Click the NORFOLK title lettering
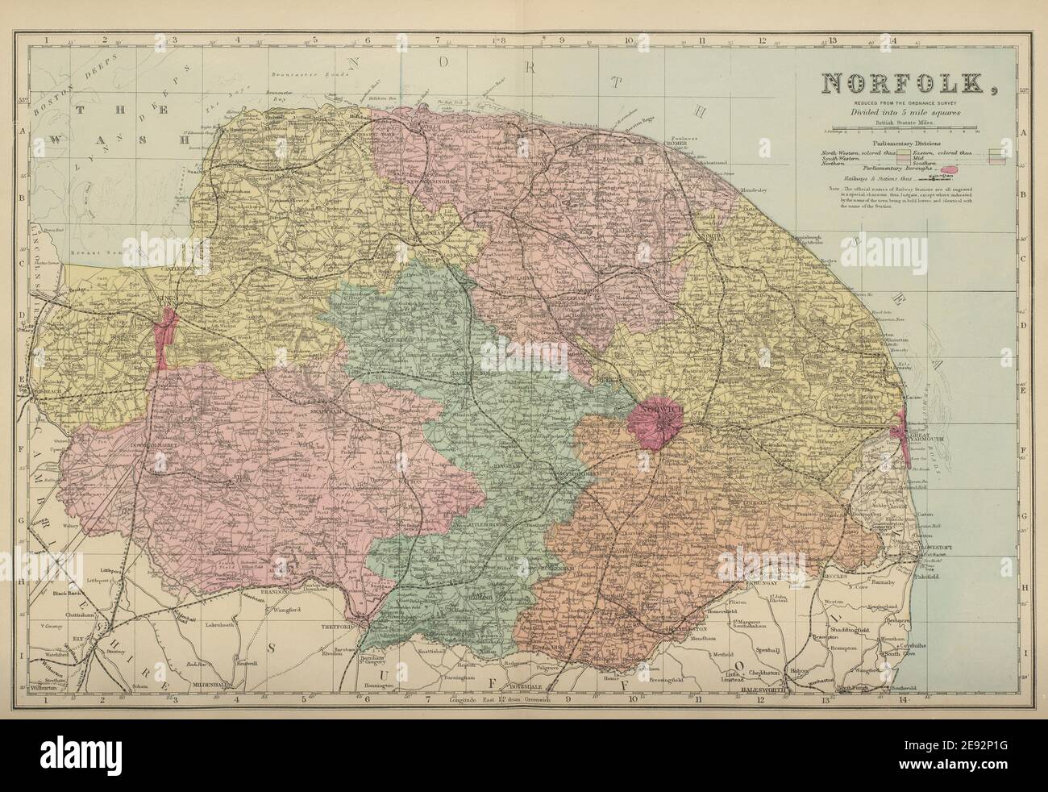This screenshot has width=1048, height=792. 905,83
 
